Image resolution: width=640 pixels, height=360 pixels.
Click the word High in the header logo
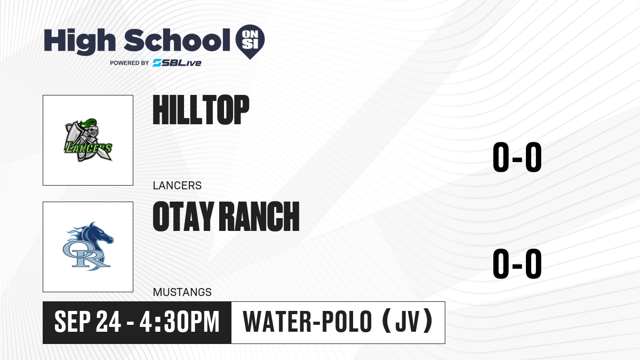click(x=79, y=41)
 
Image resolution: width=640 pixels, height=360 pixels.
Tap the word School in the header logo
click(x=177, y=40)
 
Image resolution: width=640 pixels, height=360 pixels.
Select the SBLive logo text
click(x=177, y=63)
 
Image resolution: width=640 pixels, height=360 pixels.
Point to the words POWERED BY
click(x=130, y=63)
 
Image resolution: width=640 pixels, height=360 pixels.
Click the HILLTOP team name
click(x=201, y=110)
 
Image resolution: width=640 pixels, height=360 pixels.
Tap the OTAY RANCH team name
click(x=226, y=217)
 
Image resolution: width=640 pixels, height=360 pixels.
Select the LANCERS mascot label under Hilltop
click(x=177, y=186)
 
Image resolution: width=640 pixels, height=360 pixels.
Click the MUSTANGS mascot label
click(x=182, y=292)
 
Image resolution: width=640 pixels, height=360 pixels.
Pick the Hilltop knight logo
click(x=88, y=140)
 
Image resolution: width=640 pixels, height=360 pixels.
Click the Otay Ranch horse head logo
click(x=88, y=246)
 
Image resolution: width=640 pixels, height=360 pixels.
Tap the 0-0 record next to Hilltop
click(x=517, y=157)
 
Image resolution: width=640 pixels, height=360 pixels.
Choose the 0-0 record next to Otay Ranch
click(x=517, y=263)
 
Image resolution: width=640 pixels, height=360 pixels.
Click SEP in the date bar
click(x=73, y=322)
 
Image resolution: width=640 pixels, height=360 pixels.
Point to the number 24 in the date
click(x=108, y=322)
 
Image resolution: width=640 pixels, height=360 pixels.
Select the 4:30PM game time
click(x=179, y=322)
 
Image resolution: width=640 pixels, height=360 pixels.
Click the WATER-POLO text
click(x=307, y=322)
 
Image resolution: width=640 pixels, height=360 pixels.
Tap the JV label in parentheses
click(x=407, y=322)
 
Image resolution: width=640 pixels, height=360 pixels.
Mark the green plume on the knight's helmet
click(x=89, y=123)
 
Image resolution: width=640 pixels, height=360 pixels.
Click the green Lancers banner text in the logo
click(x=88, y=148)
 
